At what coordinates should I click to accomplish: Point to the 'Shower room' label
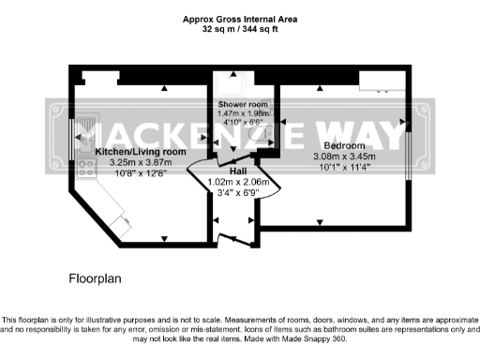243,103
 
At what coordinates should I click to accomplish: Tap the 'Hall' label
238,172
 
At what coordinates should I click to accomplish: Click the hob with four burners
86,169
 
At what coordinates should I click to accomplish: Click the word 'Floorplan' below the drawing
95,278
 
